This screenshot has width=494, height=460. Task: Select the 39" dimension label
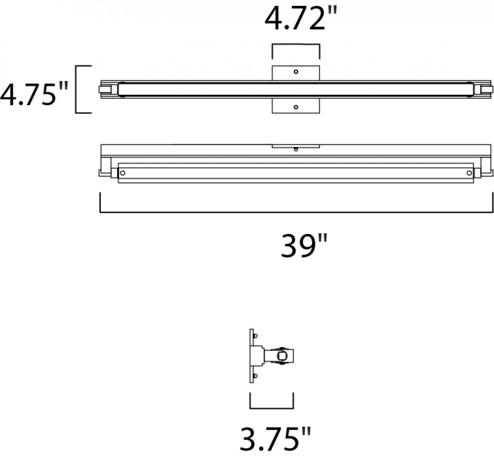coord(304,246)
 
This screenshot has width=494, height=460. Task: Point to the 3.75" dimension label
coord(275,439)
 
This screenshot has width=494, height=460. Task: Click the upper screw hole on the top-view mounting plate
coord(296,72)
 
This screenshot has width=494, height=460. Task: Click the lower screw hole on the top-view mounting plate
coord(296,107)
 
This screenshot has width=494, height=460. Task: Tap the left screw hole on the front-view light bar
coord(123,173)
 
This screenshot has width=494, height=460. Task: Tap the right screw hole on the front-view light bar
coord(469,173)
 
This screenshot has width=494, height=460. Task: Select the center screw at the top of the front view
coord(296,149)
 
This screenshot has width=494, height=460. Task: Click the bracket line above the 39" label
coord(296,212)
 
